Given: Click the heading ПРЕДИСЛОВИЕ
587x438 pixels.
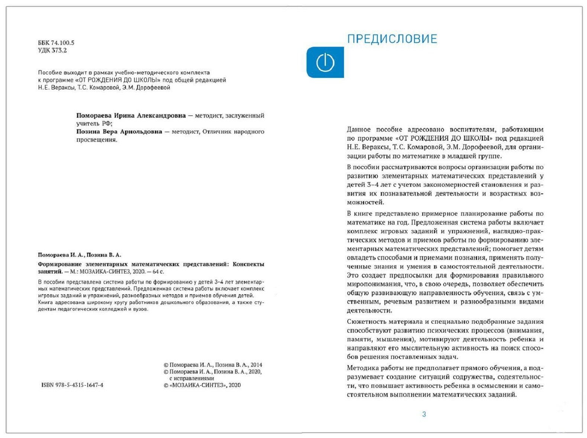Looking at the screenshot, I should [x=392, y=39].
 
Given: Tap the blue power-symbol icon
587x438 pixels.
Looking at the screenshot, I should [x=325, y=62].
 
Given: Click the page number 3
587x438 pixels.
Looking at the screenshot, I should [x=424, y=414].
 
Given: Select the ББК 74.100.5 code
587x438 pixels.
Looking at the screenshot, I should [x=56, y=43].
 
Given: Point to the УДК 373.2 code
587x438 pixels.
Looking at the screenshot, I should [x=52, y=50].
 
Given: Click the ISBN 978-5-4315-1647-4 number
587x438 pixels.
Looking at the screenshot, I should [x=72, y=385].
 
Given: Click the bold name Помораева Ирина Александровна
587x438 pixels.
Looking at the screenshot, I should [x=131, y=115].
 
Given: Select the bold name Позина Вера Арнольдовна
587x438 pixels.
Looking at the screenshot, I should [x=119, y=131].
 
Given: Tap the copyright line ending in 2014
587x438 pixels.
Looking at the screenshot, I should [x=213, y=365].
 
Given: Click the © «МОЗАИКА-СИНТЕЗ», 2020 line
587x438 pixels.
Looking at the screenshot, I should [x=202, y=385].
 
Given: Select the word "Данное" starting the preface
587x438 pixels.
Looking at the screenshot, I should [x=359, y=130].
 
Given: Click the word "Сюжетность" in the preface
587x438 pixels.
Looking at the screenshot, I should [x=365, y=322].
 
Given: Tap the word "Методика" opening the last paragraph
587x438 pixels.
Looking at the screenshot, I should [x=361, y=368].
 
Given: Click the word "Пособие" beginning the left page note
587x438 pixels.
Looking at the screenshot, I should [x=50, y=72].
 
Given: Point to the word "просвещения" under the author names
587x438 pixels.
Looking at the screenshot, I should [x=97, y=140].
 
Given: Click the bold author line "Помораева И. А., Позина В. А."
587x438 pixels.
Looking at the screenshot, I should [x=80, y=255].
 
